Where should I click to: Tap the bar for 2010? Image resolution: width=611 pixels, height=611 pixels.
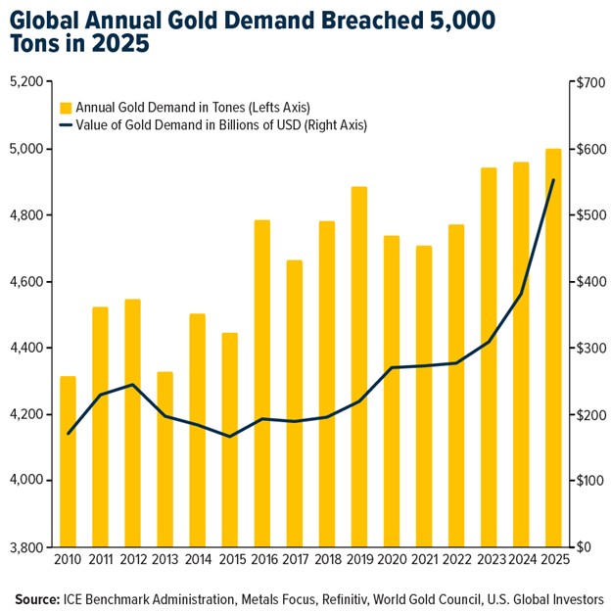point(68,461)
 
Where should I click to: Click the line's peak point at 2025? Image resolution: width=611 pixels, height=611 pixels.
point(553,180)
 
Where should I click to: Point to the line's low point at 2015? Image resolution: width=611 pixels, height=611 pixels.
point(229,437)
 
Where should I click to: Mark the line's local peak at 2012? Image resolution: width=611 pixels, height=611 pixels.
point(132,385)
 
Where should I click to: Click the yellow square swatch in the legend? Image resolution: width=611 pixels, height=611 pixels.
point(67,107)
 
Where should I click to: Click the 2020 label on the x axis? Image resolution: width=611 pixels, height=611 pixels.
point(391,559)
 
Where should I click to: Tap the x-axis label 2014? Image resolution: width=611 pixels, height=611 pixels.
point(197,559)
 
